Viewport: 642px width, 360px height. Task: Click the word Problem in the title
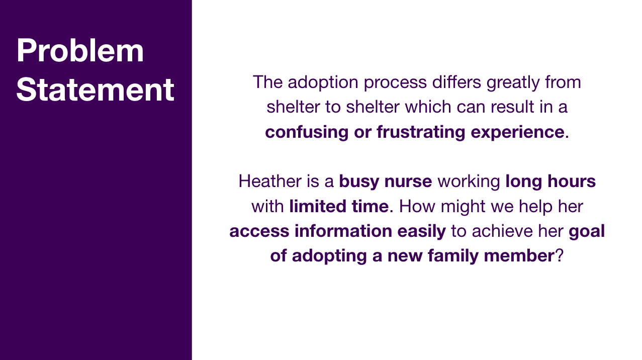tap(80, 50)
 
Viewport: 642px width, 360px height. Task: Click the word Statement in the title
tap(96, 89)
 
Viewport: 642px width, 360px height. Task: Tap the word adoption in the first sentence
tap(323, 83)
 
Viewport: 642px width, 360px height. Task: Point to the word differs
tap(456, 82)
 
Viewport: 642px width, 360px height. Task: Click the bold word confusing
tap(307, 133)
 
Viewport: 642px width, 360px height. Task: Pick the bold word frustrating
tap(421, 133)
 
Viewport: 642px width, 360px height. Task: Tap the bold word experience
tap(518, 133)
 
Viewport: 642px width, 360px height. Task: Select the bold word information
tap(343, 231)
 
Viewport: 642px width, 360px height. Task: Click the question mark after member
tap(559, 255)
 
